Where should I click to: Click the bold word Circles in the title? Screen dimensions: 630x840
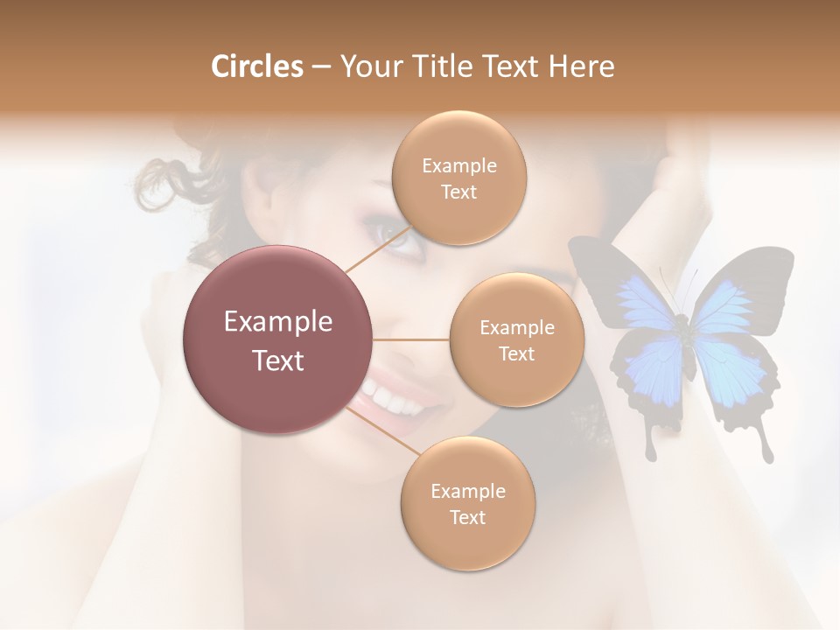pyautogui.click(x=256, y=66)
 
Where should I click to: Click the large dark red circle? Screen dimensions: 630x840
pyautogui.click(x=277, y=339)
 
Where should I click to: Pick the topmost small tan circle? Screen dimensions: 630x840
pyautogui.click(x=458, y=178)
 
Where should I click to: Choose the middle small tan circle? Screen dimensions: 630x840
pyautogui.click(x=516, y=340)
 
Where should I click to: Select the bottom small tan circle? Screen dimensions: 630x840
pyautogui.click(x=467, y=504)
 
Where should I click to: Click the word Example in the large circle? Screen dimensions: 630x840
pyautogui.click(x=277, y=322)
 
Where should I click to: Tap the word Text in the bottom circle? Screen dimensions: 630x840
pyautogui.click(x=467, y=517)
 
